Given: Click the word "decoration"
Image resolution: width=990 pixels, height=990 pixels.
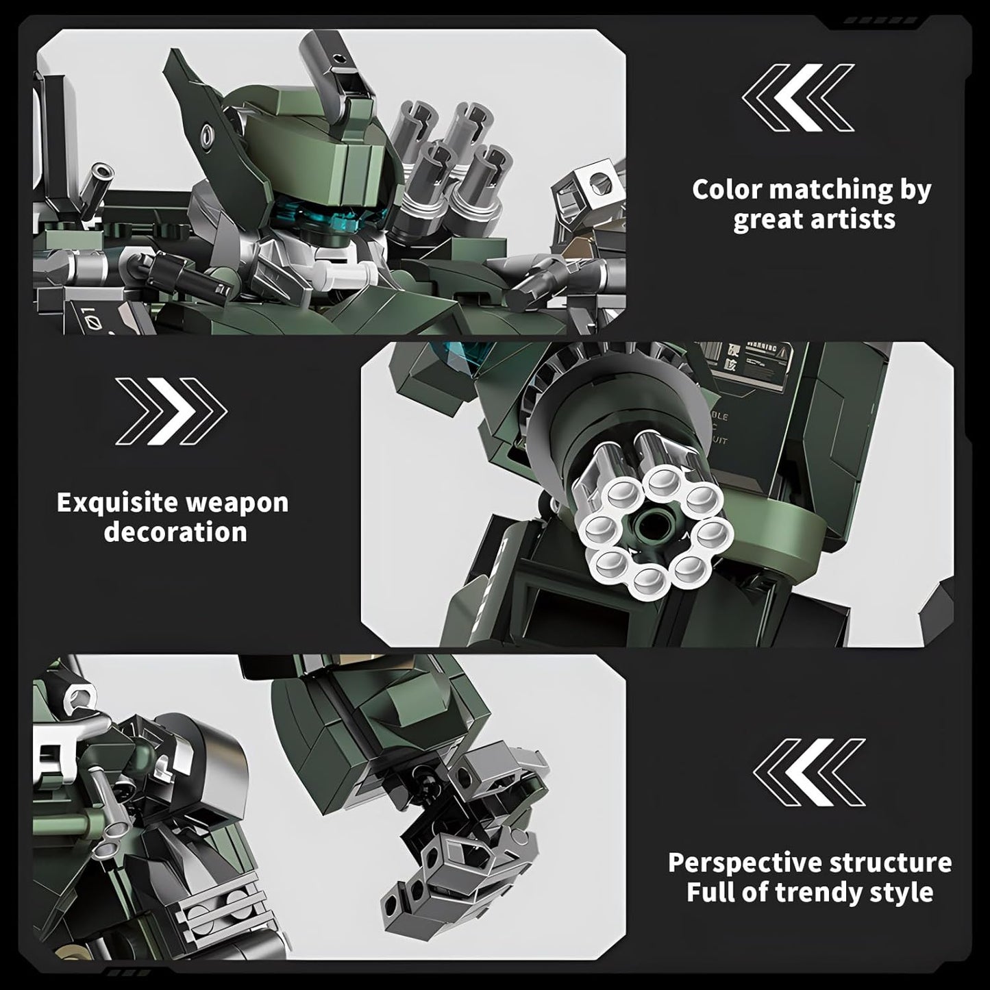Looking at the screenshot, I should pyautogui.click(x=175, y=532).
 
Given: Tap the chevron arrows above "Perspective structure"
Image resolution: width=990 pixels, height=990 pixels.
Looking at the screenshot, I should pyautogui.click(x=809, y=772).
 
